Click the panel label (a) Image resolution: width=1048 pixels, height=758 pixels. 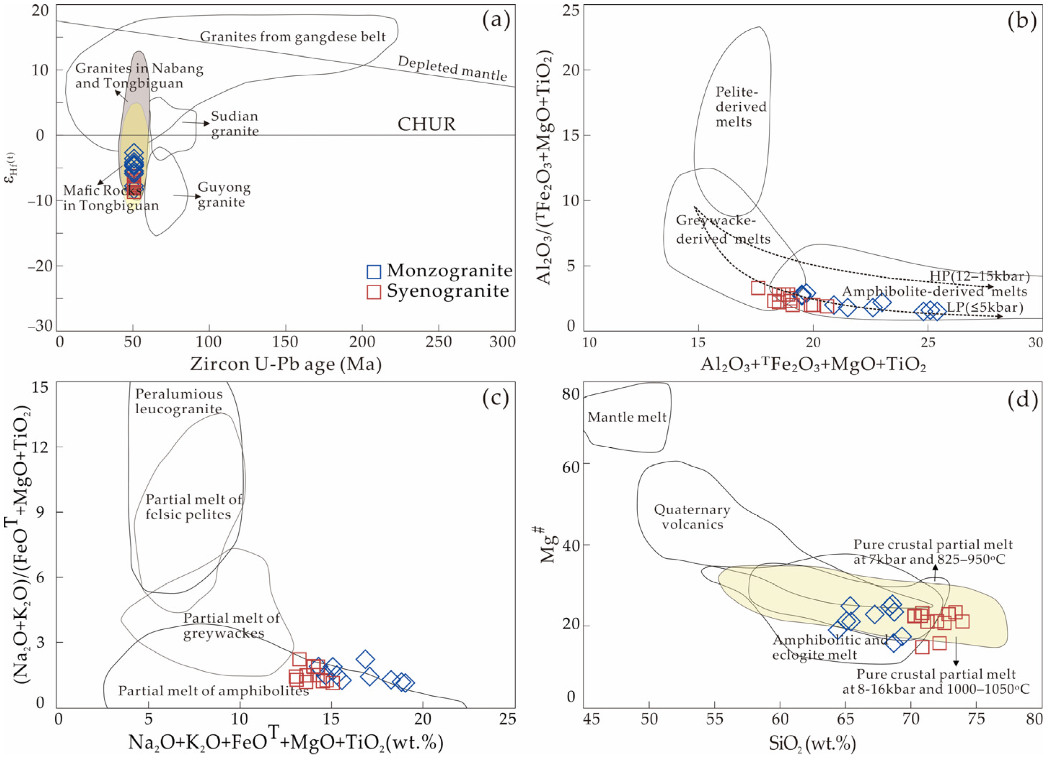tap(496, 21)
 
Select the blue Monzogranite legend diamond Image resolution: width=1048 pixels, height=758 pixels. tap(373, 272)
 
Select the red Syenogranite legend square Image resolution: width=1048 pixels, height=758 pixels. tap(373, 292)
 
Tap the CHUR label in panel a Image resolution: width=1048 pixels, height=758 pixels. tap(426, 124)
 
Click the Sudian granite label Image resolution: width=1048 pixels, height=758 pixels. tap(235, 123)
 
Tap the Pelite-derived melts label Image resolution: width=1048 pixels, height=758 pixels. tap(741, 107)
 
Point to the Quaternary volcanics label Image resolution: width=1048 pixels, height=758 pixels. tap(692, 517)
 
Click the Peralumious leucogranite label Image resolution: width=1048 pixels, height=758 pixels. tap(179, 401)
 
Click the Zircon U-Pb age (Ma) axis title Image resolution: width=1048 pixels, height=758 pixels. tap(286, 365)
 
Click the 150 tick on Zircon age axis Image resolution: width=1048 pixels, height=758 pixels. tap(286, 342)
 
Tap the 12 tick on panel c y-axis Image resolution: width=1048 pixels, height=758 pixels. tap(41, 447)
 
